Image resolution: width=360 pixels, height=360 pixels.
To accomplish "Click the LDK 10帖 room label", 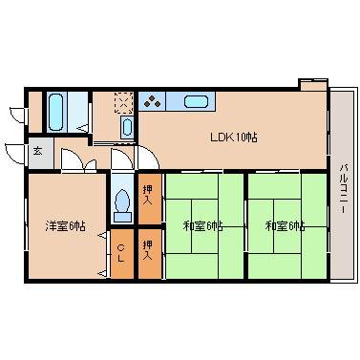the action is tap(234, 138).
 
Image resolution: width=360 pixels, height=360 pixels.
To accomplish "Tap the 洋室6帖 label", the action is tap(65, 226).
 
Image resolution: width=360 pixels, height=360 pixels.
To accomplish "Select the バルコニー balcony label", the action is tap(343, 188).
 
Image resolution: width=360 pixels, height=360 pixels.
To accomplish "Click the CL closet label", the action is tap(120, 253).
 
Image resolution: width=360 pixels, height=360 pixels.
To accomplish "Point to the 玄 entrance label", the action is tap(37, 151).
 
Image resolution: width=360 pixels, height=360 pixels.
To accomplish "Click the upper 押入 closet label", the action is tap(147, 195).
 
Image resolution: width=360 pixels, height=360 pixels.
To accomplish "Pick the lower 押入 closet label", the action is tap(147, 250).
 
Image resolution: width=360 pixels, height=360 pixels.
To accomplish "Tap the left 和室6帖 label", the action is tap(202, 226).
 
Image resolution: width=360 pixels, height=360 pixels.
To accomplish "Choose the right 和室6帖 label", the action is tap(286, 226).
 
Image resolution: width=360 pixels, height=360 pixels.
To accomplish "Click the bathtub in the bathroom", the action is tap(55, 112).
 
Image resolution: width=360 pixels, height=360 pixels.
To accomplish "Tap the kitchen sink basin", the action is tap(196, 102).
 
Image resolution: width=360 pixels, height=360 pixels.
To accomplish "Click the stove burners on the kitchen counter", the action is tap(152, 101).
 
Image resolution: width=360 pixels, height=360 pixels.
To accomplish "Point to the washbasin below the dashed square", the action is tap(127, 127).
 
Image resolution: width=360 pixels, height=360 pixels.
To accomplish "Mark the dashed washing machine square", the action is tap(124, 102).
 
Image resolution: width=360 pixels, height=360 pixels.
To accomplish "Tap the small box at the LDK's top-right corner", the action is tap(313, 85).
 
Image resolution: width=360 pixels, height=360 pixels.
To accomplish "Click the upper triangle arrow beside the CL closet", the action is tap(102, 235).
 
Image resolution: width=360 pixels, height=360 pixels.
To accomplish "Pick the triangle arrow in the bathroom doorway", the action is tap(83, 128).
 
